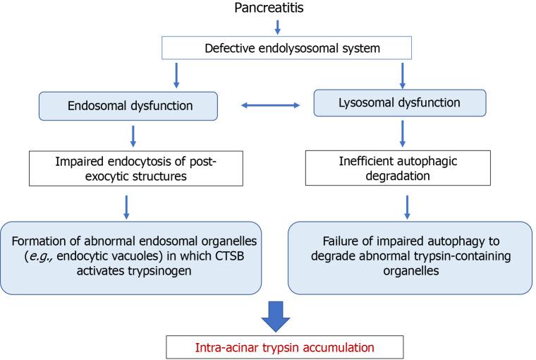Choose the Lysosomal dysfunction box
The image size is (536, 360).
(x=400, y=102)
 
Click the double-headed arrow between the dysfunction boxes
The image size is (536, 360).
(x=270, y=106)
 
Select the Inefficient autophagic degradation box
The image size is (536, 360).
(x=400, y=169)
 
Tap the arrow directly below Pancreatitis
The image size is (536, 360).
(x=277, y=27)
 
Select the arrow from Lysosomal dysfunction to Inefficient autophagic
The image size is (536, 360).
(x=401, y=132)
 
